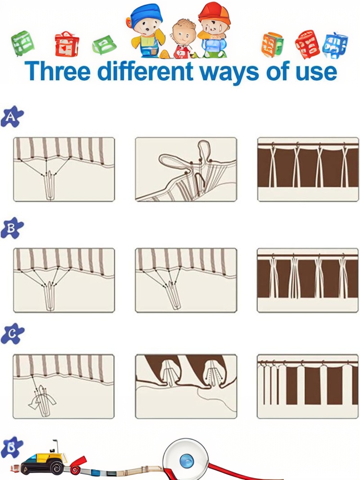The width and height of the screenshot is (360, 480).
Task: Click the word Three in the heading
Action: tap(57, 71)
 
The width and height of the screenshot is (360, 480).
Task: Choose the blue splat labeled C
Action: tap(12, 334)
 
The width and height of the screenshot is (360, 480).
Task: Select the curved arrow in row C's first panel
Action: tap(42, 402)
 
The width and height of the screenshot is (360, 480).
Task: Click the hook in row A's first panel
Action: tap(50, 186)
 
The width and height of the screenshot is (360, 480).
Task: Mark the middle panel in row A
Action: tap(186, 169)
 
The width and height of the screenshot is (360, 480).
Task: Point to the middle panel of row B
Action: tap(186, 280)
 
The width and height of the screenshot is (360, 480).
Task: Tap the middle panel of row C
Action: tap(186, 386)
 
